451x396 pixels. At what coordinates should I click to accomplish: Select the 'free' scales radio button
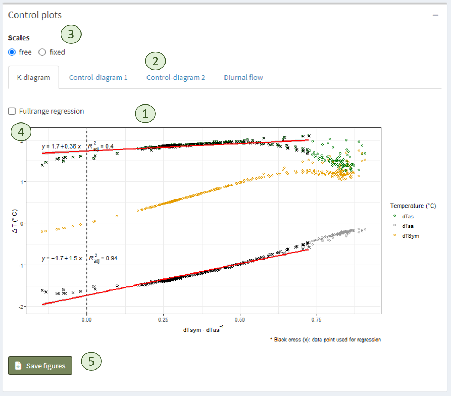[12, 52]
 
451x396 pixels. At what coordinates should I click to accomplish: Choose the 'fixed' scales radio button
[42, 52]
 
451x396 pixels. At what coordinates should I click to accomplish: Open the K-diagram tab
[34, 78]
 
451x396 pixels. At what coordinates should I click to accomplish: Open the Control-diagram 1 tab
[98, 78]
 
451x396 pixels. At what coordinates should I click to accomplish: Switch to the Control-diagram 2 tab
[175, 78]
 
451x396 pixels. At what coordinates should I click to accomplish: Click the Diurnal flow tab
[243, 78]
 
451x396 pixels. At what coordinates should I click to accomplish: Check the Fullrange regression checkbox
[12, 111]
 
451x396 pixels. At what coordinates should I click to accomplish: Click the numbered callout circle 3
[71, 34]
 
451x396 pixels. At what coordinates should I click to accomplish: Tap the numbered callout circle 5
[91, 361]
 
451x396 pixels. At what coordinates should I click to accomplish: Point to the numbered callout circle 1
[145, 114]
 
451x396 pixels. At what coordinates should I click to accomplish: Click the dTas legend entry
[408, 217]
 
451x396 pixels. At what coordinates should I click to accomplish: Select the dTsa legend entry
[408, 226]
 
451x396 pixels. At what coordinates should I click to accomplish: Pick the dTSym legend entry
[410, 236]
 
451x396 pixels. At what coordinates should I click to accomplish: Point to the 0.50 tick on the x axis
[240, 320]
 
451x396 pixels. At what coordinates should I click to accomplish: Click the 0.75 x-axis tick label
[317, 320]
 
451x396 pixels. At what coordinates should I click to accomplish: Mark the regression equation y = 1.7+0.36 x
[61, 146]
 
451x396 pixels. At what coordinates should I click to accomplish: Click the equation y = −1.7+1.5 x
[62, 258]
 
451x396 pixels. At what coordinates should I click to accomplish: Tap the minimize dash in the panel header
[435, 15]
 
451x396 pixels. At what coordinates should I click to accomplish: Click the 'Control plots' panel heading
[35, 15]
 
